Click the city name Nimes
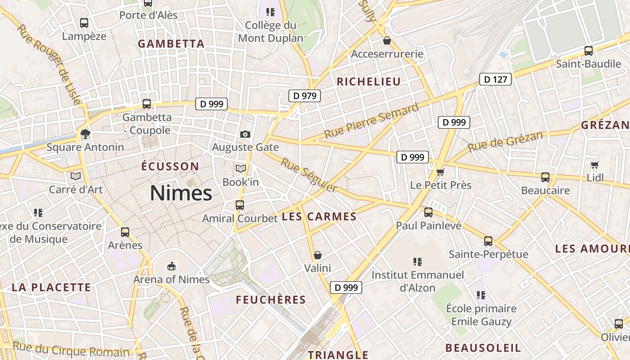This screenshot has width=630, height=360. [x=181, y=193]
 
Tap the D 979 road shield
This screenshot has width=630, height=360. [x=305, y=95]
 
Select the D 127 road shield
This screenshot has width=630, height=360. [x=495, y=80]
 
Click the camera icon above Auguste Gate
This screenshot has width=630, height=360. [x=245, y=134]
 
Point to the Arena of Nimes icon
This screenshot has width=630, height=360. [x=171, y=266]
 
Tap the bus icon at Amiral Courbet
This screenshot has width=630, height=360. [x=240, y=205]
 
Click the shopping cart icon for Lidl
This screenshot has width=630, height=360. [x=594, y=165]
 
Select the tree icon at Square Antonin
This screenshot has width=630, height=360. [x=85, y=134]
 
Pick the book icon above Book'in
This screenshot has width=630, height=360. [x=241, y=169]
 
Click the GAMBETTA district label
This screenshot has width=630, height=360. [x=171, y=44]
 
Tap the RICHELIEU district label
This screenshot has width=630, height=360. [x=369, y=81]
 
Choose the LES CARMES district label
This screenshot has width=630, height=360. [x=319, y=216]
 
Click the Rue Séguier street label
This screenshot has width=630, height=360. [x=309, y=175]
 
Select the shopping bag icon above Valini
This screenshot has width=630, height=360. [x=318, y=255]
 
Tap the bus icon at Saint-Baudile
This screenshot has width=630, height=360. [x=588, y=51]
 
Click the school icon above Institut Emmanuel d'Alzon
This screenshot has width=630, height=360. [x=418, y=261]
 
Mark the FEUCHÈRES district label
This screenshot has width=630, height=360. [x=271, y=300]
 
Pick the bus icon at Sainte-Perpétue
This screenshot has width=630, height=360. [x=488, y=241]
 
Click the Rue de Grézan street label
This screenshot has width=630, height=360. [x=505, y=141]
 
